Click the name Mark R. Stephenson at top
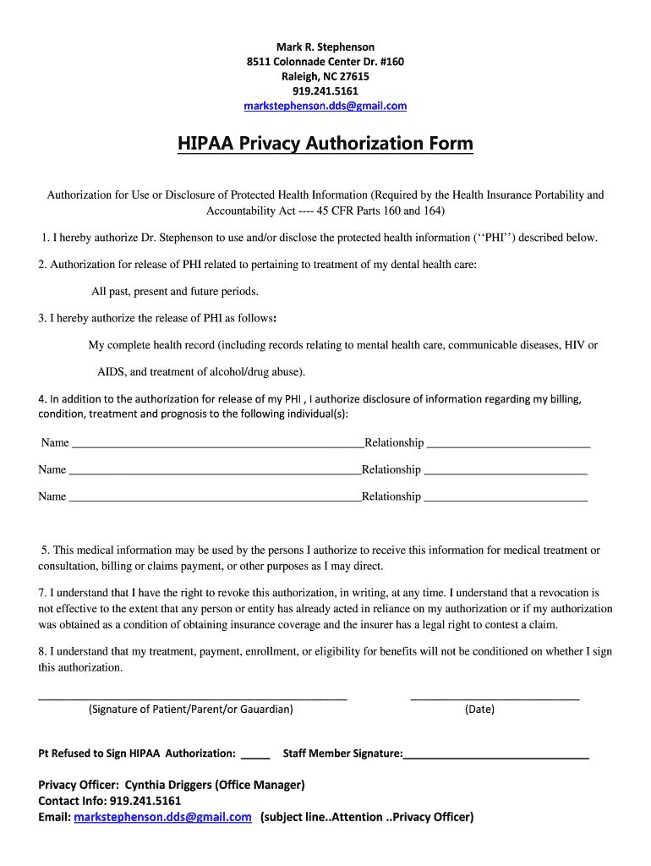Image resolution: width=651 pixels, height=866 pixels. pos(325,47)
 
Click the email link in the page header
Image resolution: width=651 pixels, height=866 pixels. pos(325,106)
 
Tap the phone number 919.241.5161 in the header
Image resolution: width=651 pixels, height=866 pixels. pos(325,91)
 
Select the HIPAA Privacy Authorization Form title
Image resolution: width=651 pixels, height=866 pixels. pos(325,144)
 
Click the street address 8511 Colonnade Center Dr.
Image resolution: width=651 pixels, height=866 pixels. pos(325,62)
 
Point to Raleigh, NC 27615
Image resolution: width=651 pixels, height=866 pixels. pos(325,76)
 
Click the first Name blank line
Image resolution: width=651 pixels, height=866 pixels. pos(217,444)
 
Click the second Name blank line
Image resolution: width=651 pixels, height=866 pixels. pos(215,471)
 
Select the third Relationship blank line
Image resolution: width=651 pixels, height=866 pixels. pos(505,498)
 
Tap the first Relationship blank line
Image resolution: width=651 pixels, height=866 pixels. pos(508,444)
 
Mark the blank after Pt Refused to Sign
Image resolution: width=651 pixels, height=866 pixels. pos(255,754)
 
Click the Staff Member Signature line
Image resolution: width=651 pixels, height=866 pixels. pos(496,754)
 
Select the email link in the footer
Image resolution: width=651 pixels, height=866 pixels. pos(162,817)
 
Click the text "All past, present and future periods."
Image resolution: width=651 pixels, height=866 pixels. pos(175,292)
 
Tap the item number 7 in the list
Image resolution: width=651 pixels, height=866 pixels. pos(42,594)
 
